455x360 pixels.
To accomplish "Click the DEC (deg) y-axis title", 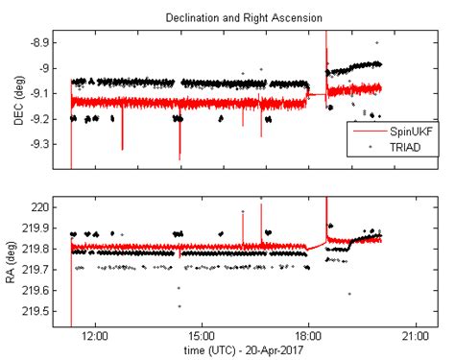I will pos(13,99).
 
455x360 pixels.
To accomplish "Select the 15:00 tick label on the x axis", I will pos(202,337).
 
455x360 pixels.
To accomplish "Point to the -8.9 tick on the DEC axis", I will pos(44,43).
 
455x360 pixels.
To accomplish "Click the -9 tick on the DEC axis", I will pos(48,68).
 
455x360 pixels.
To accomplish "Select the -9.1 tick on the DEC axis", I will pos(44,93).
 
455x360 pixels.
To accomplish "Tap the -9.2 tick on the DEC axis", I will pos(44,118).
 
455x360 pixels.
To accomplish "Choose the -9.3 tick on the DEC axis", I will pos(44,143).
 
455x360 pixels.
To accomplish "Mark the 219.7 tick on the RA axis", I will pos(41,273).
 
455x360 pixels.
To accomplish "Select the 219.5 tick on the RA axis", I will pos(41,313).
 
